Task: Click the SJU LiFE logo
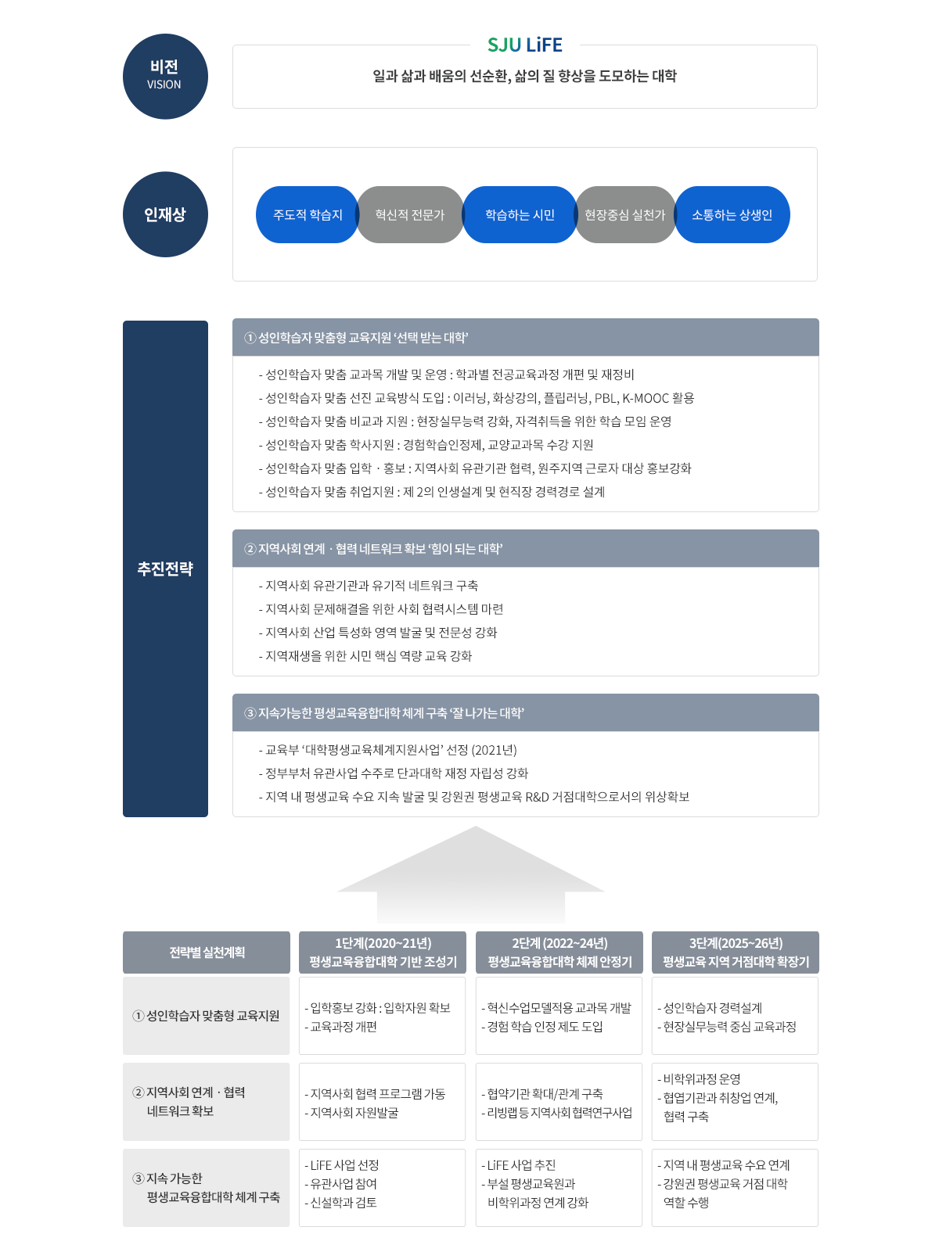pos(524,45)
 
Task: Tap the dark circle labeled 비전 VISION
pos(165,77)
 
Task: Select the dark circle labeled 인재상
pos(165,214)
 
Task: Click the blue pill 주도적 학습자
pos(307,215)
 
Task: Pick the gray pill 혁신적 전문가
pos(410,215)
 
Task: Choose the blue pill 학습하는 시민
pos(520,215)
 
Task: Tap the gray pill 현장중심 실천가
pos(624,215)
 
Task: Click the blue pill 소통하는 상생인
pos(732,215)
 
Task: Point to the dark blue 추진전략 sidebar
pos(165,569)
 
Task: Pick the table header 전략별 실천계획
pos(207,952)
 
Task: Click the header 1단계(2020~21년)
pos(383,952)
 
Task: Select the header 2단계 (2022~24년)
pos(559,952)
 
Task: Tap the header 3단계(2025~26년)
pos(736,952)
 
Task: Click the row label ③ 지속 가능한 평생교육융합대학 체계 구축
pos(207,1188)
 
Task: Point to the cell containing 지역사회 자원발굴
pos(383,1103)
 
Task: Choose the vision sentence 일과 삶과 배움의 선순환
pos(524,77)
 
